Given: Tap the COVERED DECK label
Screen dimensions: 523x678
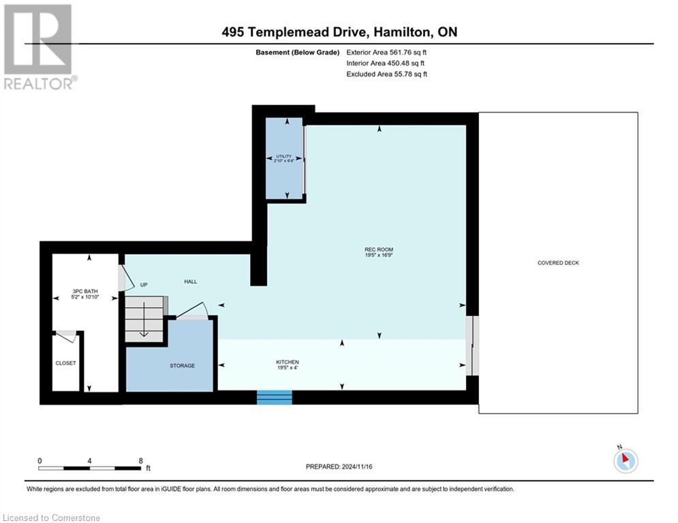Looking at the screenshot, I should pos(558,263).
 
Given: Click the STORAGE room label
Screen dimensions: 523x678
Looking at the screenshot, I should pos(182,366).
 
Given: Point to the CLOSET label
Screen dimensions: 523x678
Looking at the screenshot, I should pos(65,363).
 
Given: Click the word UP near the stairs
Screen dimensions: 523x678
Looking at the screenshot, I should pos(144,285).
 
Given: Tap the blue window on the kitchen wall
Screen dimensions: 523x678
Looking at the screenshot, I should pos(275,398).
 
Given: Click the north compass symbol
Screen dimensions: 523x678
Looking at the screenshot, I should pos(624,460).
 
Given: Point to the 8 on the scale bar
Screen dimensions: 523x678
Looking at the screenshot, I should pos(140,460).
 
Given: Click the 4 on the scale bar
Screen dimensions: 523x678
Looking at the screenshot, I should pos(90,460).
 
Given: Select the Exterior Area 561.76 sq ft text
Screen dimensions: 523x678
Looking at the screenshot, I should pos(387,52).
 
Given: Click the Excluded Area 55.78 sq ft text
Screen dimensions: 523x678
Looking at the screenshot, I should pos(387,74).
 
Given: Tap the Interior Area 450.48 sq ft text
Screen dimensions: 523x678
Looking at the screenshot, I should pos(387,63).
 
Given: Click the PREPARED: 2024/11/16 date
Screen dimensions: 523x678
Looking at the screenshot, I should pos(339,466).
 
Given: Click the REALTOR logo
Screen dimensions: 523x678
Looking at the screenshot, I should pos(39,46).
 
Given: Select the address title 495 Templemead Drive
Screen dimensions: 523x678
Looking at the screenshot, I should pos(339,32).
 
